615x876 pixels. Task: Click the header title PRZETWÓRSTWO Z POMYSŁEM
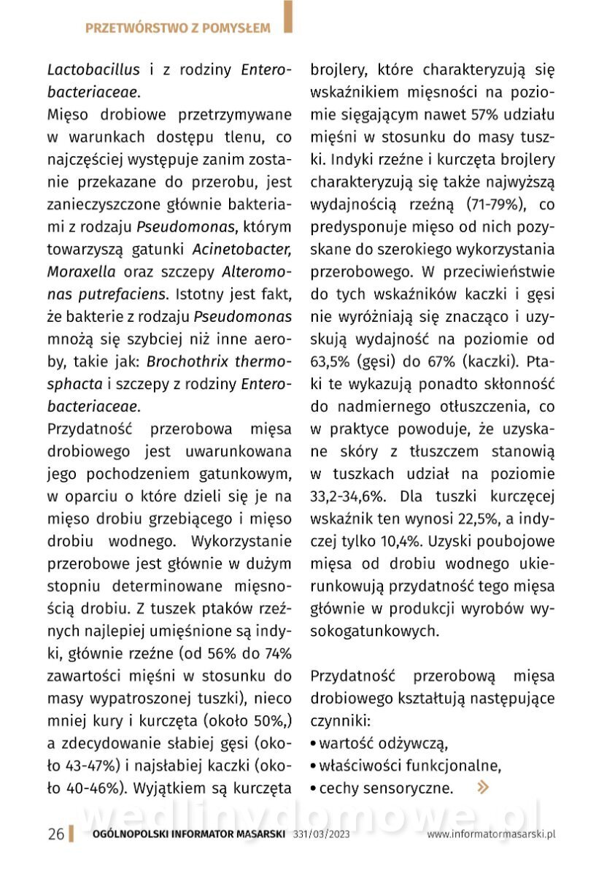[177, 28]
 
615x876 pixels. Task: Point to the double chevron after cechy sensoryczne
[482, 787]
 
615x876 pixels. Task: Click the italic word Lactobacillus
[93, 71]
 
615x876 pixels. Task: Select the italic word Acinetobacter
[242, 249]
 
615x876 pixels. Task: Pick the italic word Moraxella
[81, 272]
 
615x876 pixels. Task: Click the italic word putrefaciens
[120, 294]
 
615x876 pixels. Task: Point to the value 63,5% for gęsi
[331, 361]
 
